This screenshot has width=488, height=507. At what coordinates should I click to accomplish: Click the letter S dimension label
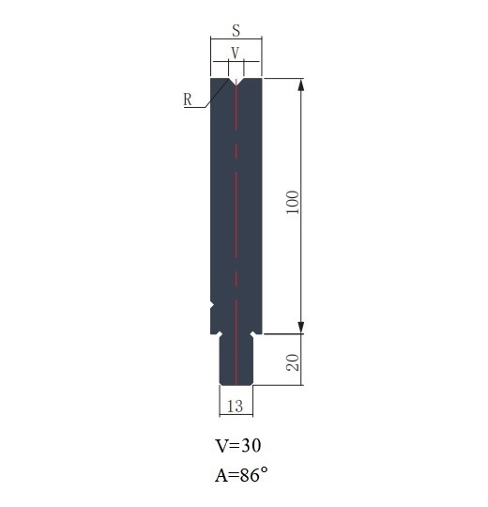tap(236, 30)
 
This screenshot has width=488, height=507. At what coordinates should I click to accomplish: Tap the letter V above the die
tap(236, 53)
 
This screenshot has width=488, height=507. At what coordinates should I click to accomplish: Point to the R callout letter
tap(188, 100)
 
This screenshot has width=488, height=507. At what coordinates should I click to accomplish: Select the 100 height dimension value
tap(293, 202)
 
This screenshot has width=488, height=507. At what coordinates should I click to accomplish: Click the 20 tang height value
tap(293, 362)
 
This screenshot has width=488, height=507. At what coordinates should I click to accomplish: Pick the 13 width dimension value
tap(235, 407)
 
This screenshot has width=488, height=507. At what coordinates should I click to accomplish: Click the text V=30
tap(237, 446)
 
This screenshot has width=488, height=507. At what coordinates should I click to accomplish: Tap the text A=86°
tap(241, 475)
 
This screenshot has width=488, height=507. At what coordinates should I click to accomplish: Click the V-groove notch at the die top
tap(236, 81)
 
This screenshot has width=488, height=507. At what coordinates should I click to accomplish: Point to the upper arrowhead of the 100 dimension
tap(301, 84)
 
